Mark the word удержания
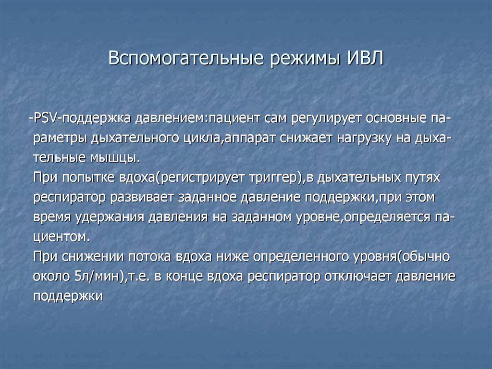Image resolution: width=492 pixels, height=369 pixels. tap(110, 217)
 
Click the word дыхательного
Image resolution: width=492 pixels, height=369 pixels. tap(127, 138)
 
